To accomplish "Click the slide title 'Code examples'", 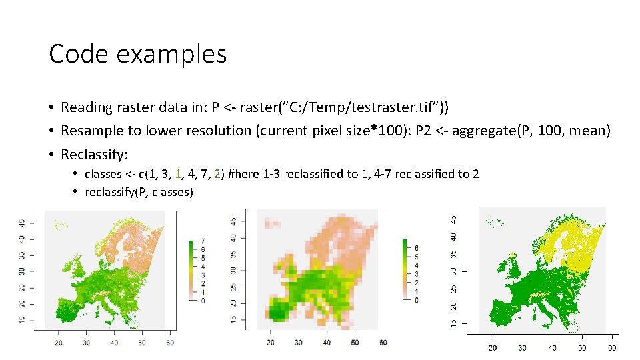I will (137, 54).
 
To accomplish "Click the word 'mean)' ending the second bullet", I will (589, 131).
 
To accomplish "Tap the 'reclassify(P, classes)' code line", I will (139, 192).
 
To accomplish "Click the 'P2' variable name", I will (424, 131).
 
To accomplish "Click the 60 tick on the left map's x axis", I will (170, 342).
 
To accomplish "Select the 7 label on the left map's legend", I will (203, 241).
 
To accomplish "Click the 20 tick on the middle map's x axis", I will (270, 342).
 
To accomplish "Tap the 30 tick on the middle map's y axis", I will (233, 270).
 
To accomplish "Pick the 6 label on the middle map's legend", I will (416, 248).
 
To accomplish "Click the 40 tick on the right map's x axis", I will (553, 347).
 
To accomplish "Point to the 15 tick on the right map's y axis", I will (454, 323).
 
